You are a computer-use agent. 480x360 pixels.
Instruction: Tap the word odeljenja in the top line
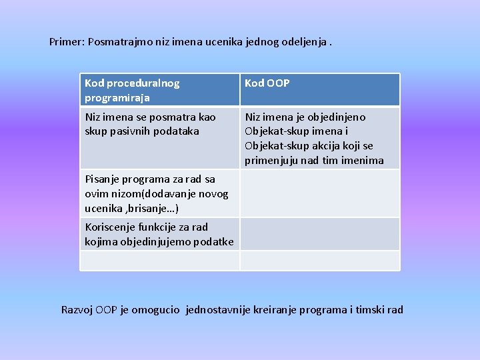(304, 41)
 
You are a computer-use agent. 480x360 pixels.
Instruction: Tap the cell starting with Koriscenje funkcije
(159, 234)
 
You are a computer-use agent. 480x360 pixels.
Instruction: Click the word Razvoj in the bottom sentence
(77, 309)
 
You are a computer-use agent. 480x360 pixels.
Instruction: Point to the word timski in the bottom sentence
(370, 309)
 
